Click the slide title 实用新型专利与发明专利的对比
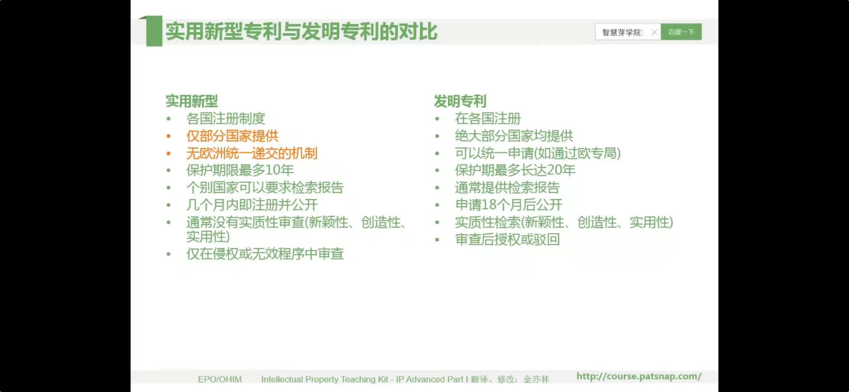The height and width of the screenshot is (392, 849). coord(302,31)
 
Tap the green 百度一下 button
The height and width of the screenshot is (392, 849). coord(681,32)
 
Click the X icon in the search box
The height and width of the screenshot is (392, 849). coord(654,32)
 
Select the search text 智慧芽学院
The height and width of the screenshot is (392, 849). coord(622,32)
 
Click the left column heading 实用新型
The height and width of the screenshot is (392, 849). coord(192,101)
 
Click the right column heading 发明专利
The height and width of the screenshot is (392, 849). coord(460,101)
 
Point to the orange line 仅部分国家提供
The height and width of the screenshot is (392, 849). coord(232,136)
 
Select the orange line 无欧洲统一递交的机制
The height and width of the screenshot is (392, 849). coord(252,153)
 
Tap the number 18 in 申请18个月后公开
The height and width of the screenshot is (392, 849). coord(489,205)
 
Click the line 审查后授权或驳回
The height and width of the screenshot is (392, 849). coord(507,240)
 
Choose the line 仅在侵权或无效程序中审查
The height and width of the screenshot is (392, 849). coord(265,254)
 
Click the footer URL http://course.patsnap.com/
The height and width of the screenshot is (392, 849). coord(639,376)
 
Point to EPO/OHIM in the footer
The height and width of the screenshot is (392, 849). coord(220,379)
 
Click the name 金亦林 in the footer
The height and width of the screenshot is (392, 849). coord(536,379)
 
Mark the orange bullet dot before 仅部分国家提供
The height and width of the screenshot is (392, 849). coord(168,136)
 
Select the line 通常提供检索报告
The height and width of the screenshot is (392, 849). coord(507,188)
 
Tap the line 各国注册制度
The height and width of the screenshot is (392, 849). coord(226,119)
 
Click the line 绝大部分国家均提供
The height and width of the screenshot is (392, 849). coord(514,136)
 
